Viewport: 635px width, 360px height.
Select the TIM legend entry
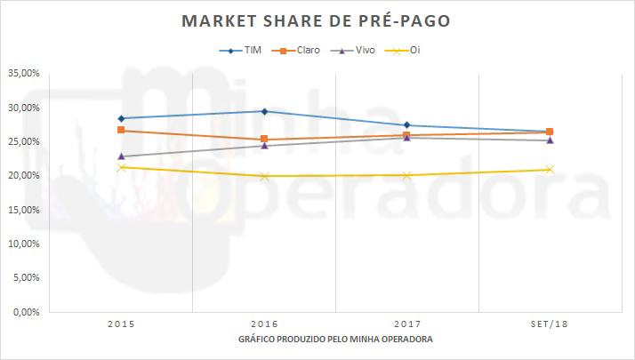click(243, 51)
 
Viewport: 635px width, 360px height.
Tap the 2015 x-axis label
click(121, 324)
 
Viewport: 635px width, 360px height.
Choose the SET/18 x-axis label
click(550, 324)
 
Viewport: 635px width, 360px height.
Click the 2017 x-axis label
click(406, 324)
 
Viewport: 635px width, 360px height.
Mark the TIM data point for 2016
click(264, 111)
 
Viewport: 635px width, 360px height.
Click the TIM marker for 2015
click(121, 118)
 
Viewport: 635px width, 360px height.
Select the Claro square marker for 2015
click(121, 131)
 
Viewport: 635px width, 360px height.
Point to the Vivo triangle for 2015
click(121, 156)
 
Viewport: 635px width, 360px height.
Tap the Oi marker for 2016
click(264, 176)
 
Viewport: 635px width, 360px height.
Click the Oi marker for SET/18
click(550, 169)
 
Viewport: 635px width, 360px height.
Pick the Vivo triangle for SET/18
click(550, 140)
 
